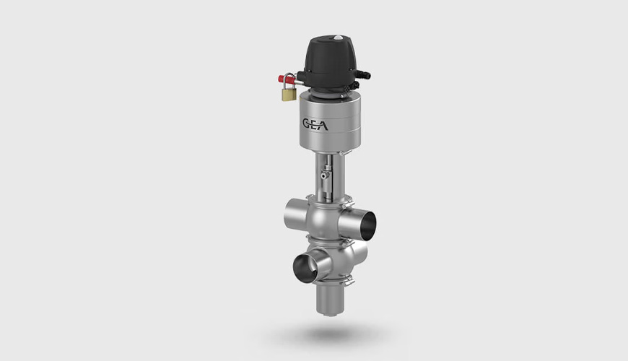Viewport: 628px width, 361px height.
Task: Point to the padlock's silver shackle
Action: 289,80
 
